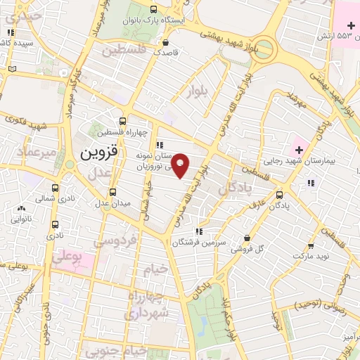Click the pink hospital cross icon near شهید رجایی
point(300,149)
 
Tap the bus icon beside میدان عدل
point(112,191)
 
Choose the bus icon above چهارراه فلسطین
point(122,121)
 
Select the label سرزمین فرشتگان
point(199,243)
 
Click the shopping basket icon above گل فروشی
point(246,238)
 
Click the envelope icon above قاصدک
point(167,40)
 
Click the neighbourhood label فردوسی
point(115,242)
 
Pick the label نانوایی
point(22,219)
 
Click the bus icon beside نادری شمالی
point(56,188)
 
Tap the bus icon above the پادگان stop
point(280,195)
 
